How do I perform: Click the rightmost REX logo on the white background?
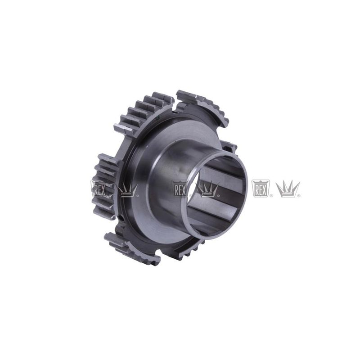coord(261,188)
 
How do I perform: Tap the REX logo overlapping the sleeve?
coord(181,188)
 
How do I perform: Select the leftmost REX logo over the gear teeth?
coord(99,188)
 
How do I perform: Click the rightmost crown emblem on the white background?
coord(288,189)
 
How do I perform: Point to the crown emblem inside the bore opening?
coord(208,189)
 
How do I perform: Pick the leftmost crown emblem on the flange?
coord(127,189)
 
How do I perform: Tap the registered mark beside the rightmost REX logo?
coord(271,196)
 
